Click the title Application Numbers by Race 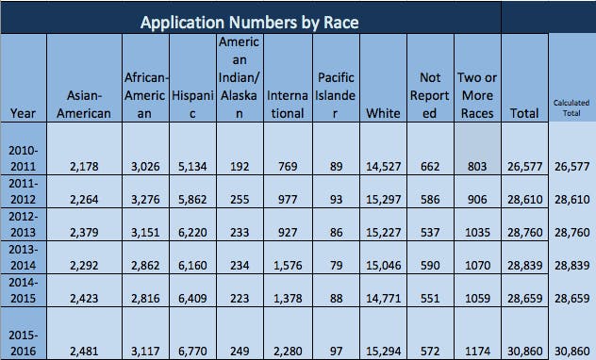coord(250,19)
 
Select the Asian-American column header coord(85,105)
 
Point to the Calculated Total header coord(571,107)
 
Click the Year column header coord(23,113)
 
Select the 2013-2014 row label coord(23,258)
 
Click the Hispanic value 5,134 coord(192,166)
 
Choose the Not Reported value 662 coord(429,166)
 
